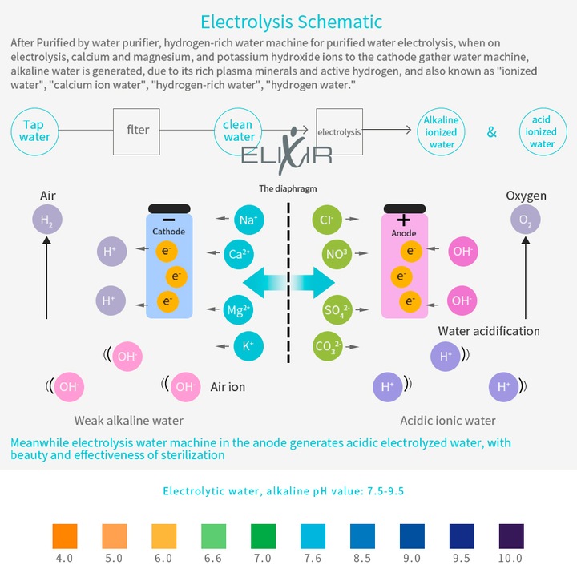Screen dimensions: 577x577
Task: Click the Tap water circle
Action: (x=35, y=131)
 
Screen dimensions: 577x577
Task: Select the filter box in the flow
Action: (x=136, y=131)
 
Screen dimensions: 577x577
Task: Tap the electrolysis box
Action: (x=339, y=131)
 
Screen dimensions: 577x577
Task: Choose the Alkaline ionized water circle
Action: (x=441, y=132)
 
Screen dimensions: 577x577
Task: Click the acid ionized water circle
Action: (x=543, y=131)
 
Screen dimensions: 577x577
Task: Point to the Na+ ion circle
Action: (x=248, y=220)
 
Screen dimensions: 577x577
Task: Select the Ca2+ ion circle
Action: (x=239, y=254)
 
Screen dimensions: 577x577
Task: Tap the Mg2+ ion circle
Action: (x=239, y=310)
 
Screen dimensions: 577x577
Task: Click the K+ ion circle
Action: (x=248, y=346)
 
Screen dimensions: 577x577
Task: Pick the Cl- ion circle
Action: (x=327, y=220)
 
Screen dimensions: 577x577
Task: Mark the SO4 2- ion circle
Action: (x=337, y=310)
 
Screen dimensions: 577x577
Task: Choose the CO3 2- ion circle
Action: (x=328, y=346)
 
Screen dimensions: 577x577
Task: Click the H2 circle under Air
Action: (x=47, y=220)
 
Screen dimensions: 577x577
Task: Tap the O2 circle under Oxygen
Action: (x=526, y=220)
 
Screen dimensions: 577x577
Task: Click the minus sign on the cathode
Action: (x=168, y=220)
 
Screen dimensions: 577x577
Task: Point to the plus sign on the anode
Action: (x=404, y=220)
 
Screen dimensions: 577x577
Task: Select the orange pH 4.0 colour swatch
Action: (x=65, y=536)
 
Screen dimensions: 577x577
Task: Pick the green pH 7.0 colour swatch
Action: (x=263, y=536)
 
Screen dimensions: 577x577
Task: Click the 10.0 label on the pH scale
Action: (x=510, y=559)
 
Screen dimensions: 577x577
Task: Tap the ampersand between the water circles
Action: (x=491, y=131)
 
